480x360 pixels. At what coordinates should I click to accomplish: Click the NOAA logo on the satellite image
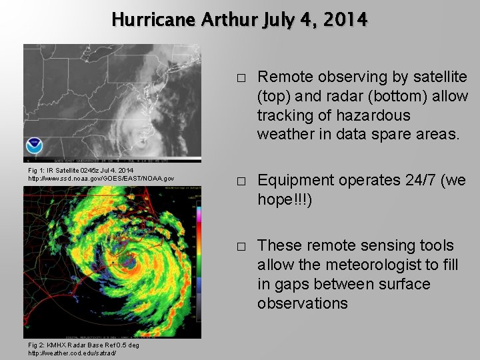coord(34,146)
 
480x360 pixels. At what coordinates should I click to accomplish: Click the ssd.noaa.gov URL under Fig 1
coord(101,179)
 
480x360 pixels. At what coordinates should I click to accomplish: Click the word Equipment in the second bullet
coord(295,180)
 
